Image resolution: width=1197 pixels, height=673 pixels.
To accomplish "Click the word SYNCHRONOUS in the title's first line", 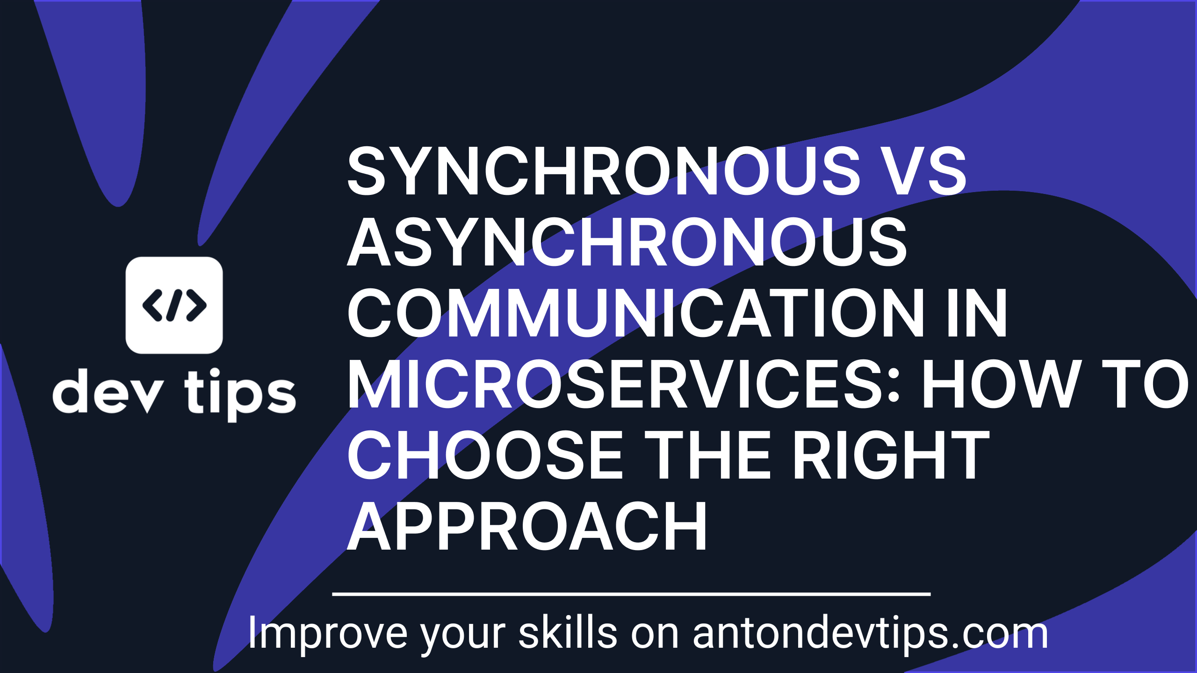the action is pyautogui.click(x=604, y=171).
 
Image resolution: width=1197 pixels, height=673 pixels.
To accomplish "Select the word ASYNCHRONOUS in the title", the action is pyautogui.click(x=627, y=242).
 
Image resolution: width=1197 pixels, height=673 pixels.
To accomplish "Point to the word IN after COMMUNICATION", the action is pyautogui.click(x=977, y=313).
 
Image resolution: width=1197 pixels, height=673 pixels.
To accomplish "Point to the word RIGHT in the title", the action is pyautogui.click(x=891, y=455).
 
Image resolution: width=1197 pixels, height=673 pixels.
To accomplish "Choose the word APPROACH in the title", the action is pyautogui.click(x=527, y=526).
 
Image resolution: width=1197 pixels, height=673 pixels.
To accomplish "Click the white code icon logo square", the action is pyautogui.click(x=174, y=305).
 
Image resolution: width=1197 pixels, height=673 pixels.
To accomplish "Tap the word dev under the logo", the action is pyautogui.click(x=108, y=391).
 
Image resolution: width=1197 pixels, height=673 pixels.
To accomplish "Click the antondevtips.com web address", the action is pyautogui.click(x=870, y=634).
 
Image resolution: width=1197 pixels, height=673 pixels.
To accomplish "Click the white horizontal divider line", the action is pyautogui.click(x=631, y=594).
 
